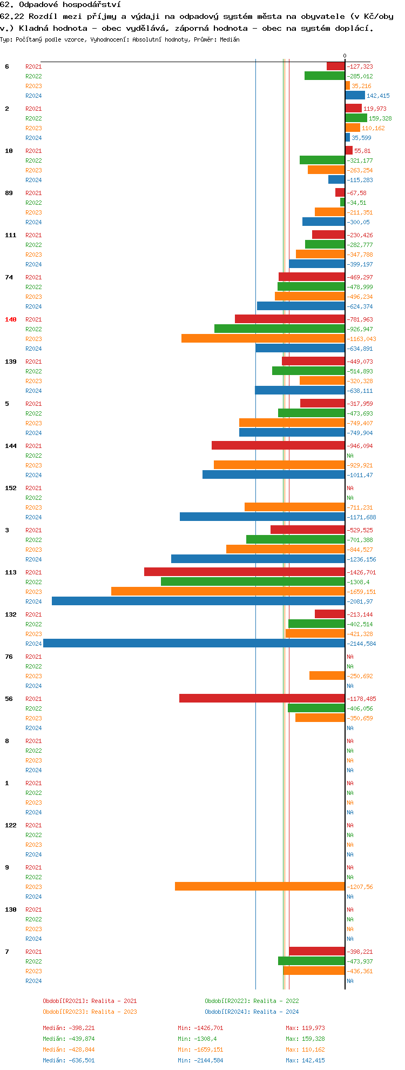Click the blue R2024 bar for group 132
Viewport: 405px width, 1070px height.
(x=194, y=643)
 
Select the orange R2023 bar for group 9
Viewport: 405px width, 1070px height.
(x=260, y=886)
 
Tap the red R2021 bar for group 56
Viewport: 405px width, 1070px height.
(x=262, y=698)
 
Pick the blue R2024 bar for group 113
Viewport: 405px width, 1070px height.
(x=198, y=601)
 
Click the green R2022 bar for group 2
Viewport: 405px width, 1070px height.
(x=356, y=118)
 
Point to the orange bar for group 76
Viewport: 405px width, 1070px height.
(x=327, y=676)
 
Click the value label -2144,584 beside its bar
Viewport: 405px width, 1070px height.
(x=361, y=644)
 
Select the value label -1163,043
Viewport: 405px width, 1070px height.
(x=361, y=339)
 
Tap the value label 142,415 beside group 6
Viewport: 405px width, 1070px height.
(x=378, y=96)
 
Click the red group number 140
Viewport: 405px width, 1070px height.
(x=11, y=319)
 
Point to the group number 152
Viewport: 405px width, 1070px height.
(x=11, y=488)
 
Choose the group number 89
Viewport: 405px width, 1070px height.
(x=9, y=193)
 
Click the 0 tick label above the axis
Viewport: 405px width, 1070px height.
(x=345, y=56)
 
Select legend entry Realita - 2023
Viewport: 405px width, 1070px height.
(x=90, y=1012)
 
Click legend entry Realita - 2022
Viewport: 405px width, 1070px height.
(x=252, y=1001)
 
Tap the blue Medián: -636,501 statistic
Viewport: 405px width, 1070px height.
(x=69, y=1060)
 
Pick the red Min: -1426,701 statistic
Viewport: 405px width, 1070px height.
(x=200, y=1028)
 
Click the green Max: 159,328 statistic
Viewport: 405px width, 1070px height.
(x=305, y=1039)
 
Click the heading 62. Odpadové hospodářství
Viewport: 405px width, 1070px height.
(x=60, y=4)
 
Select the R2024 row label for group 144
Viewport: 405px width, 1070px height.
(x=33, y=475)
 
